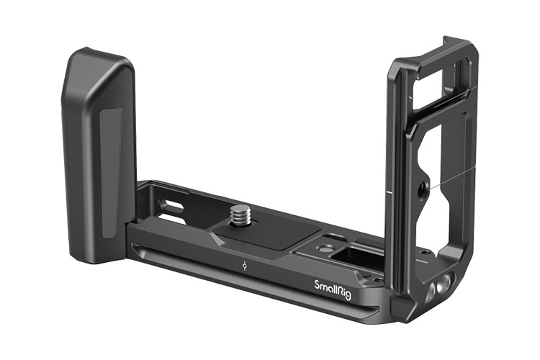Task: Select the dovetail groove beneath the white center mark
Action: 245,276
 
